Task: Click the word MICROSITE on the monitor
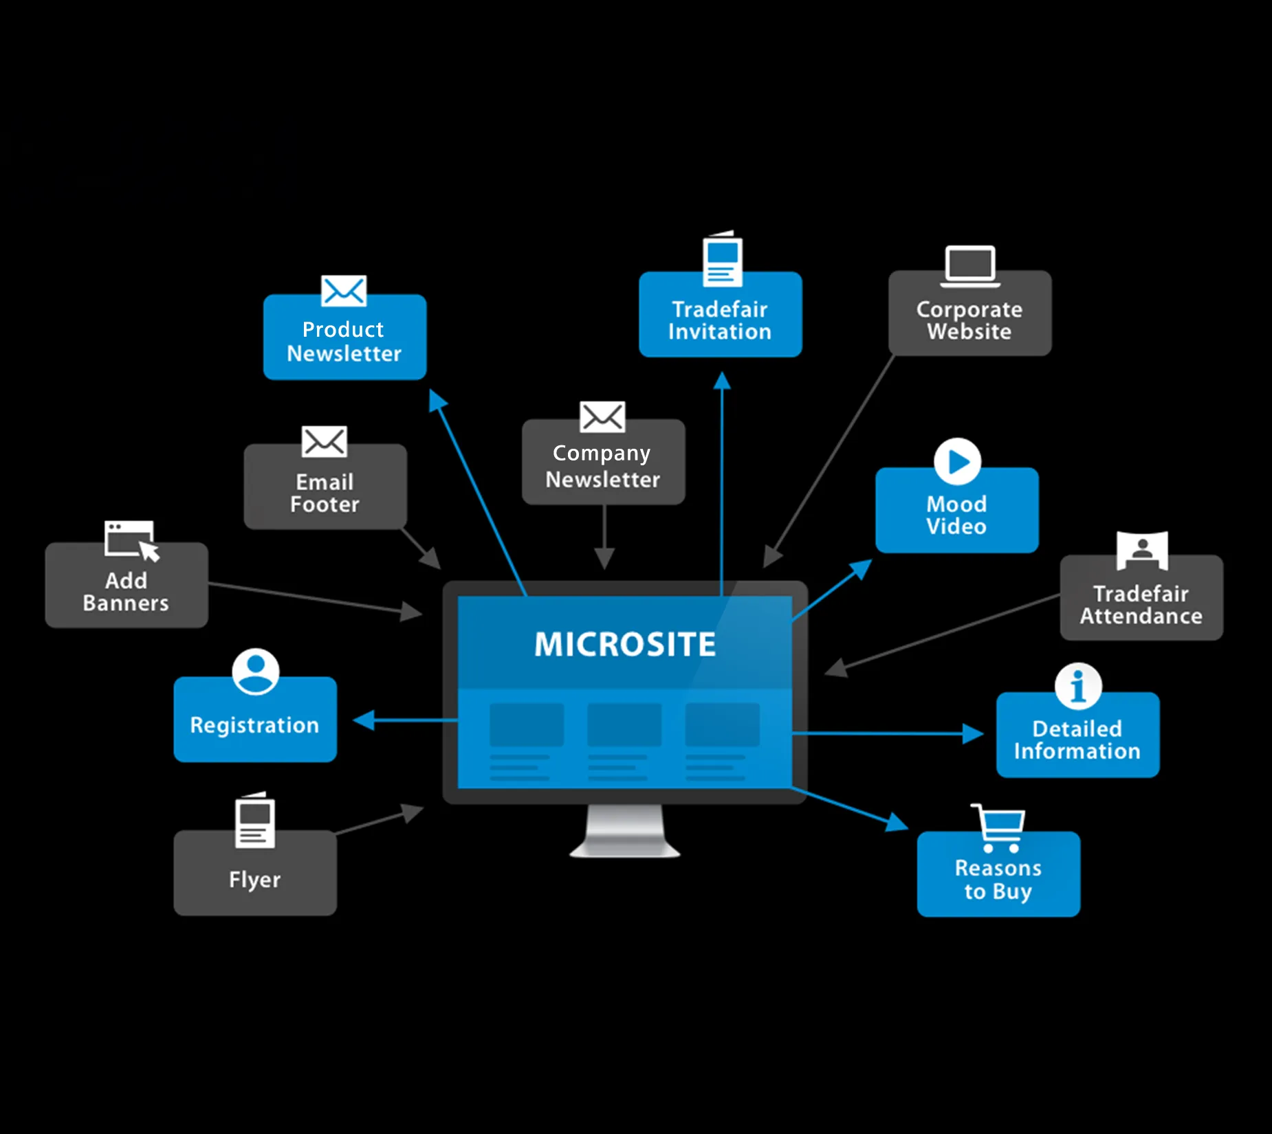pyautogui.click(x=625, y=645)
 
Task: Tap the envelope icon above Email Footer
pyautogui.click(x=325, y=442)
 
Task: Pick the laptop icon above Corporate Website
pyautogui.click(x=969, y=266)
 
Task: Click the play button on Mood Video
pyautogui.click(x=957, y=462)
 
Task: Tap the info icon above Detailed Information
pyautogui.click(x=1078, y=686)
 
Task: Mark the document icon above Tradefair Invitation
pyautogui.click(x=722, y=260)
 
